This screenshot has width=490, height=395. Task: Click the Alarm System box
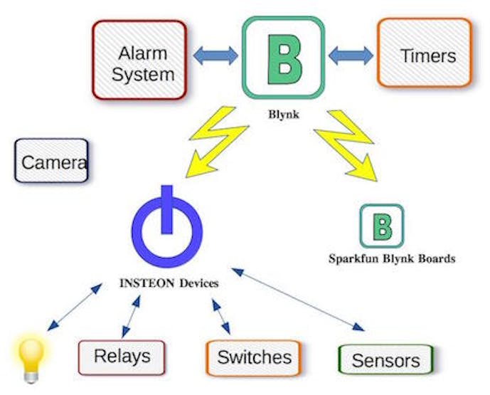click(139, 60)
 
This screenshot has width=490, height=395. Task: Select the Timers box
click(425, 53)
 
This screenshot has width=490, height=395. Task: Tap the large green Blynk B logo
click(284, 58)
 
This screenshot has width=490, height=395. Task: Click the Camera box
click(52, 160)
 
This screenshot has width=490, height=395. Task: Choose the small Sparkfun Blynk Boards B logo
click(382, 226)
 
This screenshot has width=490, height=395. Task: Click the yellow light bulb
click(31, 359)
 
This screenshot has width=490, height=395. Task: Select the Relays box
click(122, 357)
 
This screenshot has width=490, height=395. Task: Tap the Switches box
click(253, 358)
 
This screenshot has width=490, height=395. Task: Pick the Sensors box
click(386, 359)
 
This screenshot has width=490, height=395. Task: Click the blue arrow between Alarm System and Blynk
click(215, 56)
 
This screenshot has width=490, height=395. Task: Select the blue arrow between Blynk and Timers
click(351, 56)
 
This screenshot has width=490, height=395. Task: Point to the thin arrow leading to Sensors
click(298, 300)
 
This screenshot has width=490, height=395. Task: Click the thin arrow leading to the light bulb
click(75, 307)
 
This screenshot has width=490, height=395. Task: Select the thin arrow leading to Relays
click(131, 317)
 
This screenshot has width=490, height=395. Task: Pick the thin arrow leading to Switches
click(221, 317)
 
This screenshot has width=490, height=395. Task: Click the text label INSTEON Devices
click(169, 283)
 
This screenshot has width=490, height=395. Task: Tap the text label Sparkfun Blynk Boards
click(392, 258)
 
